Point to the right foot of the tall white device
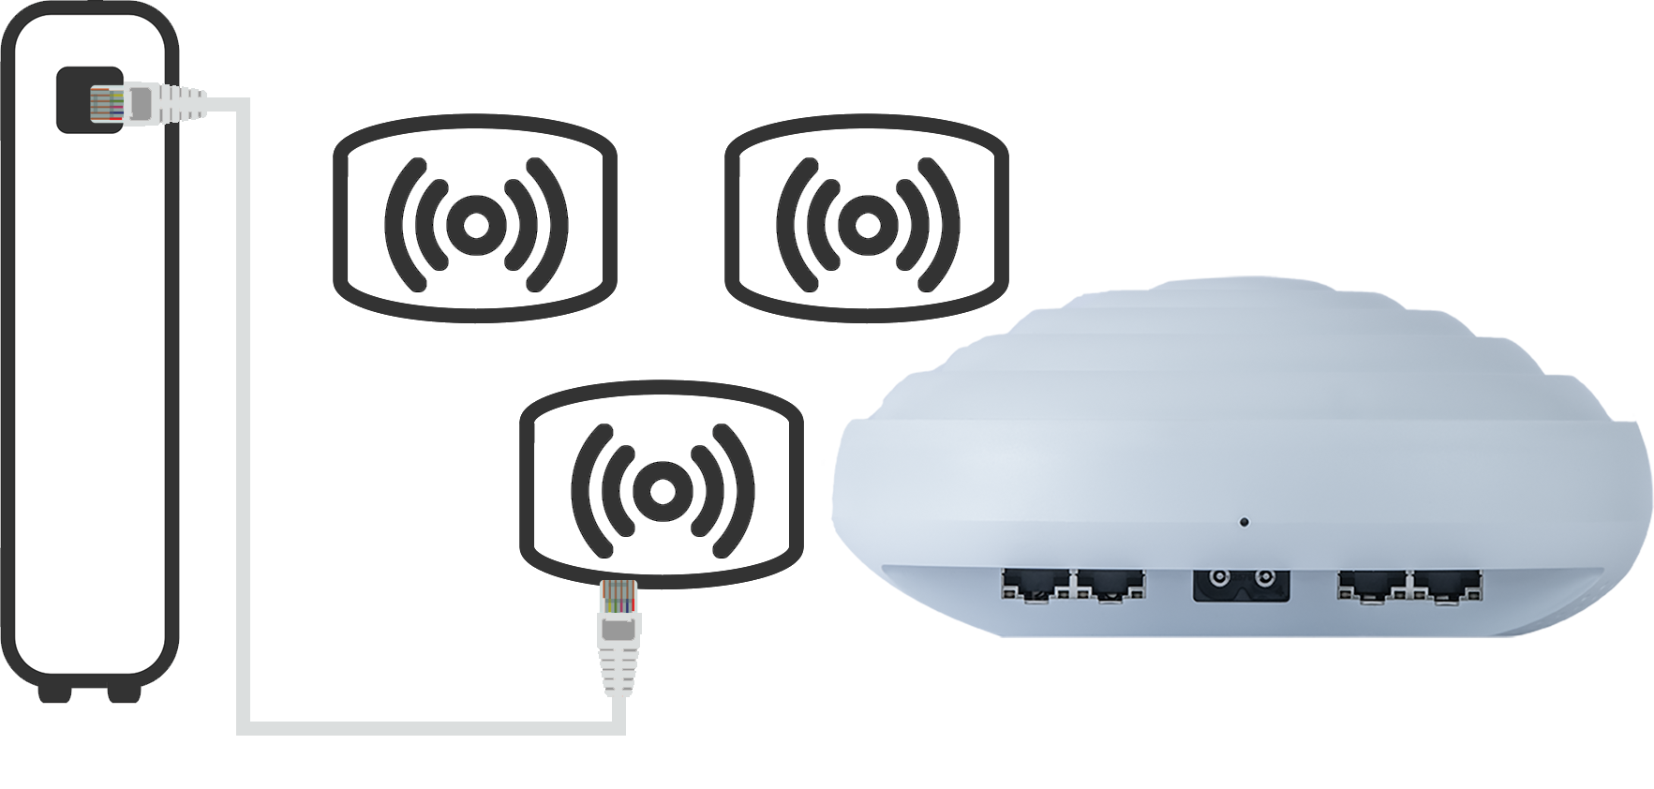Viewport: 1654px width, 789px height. [121, 692]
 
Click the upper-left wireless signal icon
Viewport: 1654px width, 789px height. [475, 222]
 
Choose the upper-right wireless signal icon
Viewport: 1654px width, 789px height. [867, 222]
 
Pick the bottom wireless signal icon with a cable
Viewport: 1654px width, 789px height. [660, 487]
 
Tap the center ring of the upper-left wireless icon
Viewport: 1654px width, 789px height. [475, 224]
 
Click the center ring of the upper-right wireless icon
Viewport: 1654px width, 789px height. [867, 224]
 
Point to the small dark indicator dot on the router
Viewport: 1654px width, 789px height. [1244, 521]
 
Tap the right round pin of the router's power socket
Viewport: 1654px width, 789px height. [1267, 577]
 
